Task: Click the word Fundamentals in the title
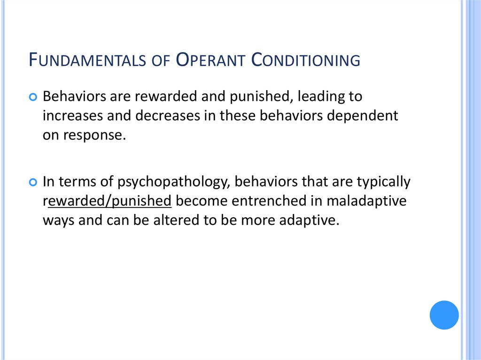(x=85, y=61)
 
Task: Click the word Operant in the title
(x=207, y=61)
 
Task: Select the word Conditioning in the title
(x=305, y=61)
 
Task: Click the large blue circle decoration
(x=444, y=315)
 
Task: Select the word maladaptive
(x=367, y=201)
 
